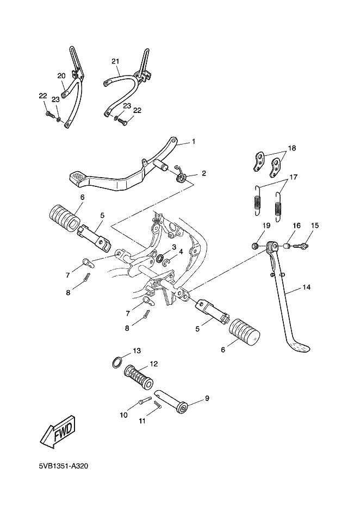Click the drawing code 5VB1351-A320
coord(64,467)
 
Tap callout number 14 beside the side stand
coord(307,287)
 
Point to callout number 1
coord(194,141)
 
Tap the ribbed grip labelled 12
coord(139,377)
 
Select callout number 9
coord(207,398)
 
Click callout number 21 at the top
coord(115,61)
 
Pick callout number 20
coord(61,76)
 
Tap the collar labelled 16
coord(285,247)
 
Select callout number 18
coord(291,148)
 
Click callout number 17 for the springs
coord(293,177)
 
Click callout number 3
coord(174,247)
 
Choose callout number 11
coord(142,421)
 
